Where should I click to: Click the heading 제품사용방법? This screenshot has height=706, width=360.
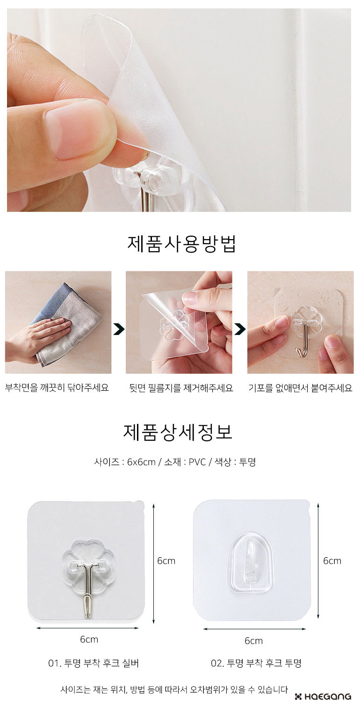(x=181, y=244)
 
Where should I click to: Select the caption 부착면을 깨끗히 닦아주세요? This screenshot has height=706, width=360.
(x=57, y=387)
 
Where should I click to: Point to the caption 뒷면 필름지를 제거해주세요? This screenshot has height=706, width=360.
(x=181, y=388)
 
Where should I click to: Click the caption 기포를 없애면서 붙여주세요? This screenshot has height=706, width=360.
(x=300, y=388)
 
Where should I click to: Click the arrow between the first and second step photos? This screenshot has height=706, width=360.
(x=119, y=329)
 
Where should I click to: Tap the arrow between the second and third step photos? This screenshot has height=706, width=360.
(x=240, y=329)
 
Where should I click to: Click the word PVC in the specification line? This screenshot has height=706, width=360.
(x=197, y=462)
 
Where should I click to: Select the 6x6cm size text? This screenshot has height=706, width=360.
(x=141, y=462)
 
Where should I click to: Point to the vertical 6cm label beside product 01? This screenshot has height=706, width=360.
(x=166, y=560)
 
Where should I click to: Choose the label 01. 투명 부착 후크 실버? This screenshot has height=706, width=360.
(x=93, y=663)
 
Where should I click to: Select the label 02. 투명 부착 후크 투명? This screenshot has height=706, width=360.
(x=256, y=663)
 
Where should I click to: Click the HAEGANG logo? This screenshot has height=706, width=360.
(x=323, y=697)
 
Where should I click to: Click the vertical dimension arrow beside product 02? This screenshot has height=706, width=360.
(x=318, y=561)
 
